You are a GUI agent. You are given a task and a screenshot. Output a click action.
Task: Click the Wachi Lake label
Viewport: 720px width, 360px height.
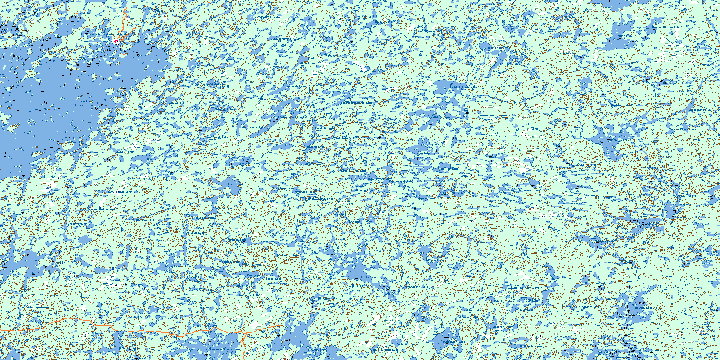236,184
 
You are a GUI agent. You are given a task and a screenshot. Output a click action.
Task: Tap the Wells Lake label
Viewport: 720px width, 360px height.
369,277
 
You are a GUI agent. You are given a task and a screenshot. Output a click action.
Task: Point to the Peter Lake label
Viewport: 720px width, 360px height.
494,48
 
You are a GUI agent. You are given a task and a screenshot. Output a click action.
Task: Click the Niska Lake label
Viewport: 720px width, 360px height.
268,99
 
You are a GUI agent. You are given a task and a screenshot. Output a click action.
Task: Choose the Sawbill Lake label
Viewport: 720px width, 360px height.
125,152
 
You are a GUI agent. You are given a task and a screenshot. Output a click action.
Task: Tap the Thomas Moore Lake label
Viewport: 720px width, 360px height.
101,209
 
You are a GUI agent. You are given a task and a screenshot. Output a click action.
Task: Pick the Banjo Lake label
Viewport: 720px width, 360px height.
427,198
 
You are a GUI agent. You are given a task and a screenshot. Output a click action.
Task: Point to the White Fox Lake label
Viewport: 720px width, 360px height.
596,283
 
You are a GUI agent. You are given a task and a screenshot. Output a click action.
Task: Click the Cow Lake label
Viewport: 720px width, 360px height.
532,300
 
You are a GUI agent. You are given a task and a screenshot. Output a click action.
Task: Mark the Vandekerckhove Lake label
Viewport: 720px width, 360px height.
225,349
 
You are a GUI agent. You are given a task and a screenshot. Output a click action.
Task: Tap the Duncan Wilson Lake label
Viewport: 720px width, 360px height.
666,27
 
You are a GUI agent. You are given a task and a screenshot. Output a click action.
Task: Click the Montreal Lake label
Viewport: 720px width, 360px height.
218,137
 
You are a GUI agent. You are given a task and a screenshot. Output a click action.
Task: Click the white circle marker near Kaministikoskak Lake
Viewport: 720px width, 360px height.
117,43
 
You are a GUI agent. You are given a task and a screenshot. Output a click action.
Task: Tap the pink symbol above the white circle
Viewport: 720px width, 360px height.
116,41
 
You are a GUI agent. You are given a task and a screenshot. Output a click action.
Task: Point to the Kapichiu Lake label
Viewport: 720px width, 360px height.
166,11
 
